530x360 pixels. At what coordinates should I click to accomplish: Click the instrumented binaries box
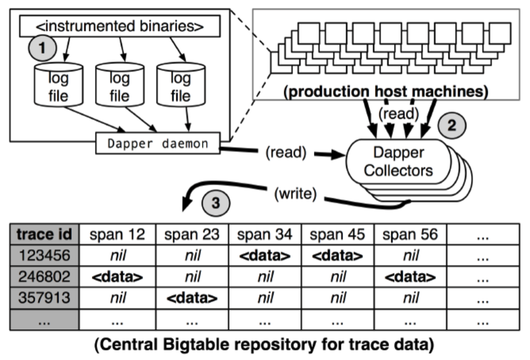click(x=120, y=26)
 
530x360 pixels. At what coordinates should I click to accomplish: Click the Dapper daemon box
click(x=157, y=143)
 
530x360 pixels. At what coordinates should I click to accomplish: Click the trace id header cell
click(x=44, y=234)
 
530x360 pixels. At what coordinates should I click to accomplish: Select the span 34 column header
click(x=264, y=234)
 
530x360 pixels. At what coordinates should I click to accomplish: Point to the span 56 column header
click(x=410, y=234)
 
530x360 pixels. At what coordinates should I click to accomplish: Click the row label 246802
click(x=44, y=277)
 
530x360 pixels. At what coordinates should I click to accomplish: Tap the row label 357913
click(x=44, y=298)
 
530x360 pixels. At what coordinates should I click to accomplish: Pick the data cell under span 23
click(x=192, y=298)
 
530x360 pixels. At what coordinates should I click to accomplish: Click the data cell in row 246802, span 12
click(x=118, y=277)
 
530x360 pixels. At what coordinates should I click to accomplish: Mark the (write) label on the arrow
click(x=294, y=194)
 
